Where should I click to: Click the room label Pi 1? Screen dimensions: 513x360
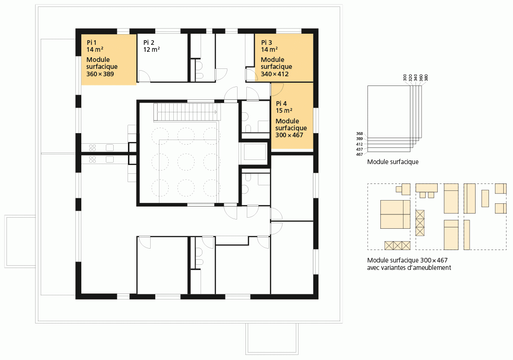point(92,43)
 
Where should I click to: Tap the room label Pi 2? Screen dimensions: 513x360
point(148,43)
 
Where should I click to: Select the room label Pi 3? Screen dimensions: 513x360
point(266,43)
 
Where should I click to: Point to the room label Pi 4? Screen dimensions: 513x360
point(281,104)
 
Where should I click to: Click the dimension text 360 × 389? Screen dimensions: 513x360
point(100,74)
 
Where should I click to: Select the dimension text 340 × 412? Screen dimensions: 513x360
point(275,74)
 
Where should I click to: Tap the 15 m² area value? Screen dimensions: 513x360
point(284,110)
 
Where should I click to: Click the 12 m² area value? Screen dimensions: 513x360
point(152,49)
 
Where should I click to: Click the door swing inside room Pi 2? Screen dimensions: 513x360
point(144,76)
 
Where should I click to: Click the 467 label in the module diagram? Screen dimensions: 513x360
point(359,154)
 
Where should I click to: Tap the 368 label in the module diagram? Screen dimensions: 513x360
point(359,134)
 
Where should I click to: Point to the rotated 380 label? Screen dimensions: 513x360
point(426,78)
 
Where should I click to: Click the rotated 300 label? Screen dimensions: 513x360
point(405,78)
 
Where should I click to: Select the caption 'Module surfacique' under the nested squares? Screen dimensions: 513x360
point(392,162)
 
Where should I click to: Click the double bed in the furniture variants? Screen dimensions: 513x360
point(395,214)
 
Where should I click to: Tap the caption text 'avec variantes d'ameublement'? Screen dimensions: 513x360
point(409,268)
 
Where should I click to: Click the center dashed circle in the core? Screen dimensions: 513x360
point(186,162)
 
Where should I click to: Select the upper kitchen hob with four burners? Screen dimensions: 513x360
point(92,147)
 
